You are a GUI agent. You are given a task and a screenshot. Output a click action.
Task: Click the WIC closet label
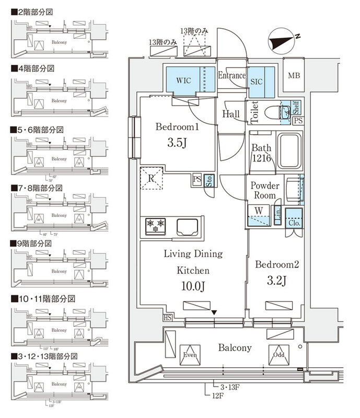pyautogui.click(x=183, y=80)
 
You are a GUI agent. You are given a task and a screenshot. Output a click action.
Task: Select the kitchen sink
pyautogui.click(x=188, y=227)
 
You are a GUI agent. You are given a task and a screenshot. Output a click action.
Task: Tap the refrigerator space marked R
pyautogui.click(x=152, y=178)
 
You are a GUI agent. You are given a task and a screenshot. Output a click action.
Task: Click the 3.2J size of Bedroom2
pyautogui.click(x=276, y=281)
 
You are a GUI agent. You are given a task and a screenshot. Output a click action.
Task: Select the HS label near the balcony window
pyautogui.click(x=168, y=318)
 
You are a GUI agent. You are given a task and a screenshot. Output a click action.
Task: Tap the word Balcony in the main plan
pyautogui.click(x=235, y=347)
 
